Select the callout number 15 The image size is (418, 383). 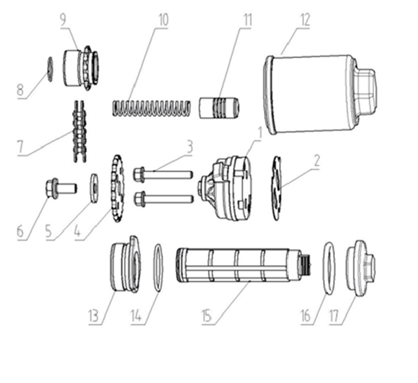point(207,316)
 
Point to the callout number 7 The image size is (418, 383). point(21,147)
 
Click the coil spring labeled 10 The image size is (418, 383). point(152,108)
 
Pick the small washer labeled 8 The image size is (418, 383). point(50,69)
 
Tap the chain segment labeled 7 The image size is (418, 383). point(79,131)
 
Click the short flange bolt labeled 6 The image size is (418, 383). point(61,188)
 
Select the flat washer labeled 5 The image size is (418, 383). point(94,188)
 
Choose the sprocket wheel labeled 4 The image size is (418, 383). point(117,189)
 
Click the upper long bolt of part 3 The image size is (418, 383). point(163,175)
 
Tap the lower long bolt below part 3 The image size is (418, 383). point(163,199)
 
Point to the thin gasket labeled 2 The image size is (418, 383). point(277,188)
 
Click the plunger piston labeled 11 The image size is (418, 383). point(219,108)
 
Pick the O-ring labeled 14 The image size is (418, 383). point(158,268)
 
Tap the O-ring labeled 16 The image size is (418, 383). point(329,268)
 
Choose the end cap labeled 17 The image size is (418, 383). point(361,268)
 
